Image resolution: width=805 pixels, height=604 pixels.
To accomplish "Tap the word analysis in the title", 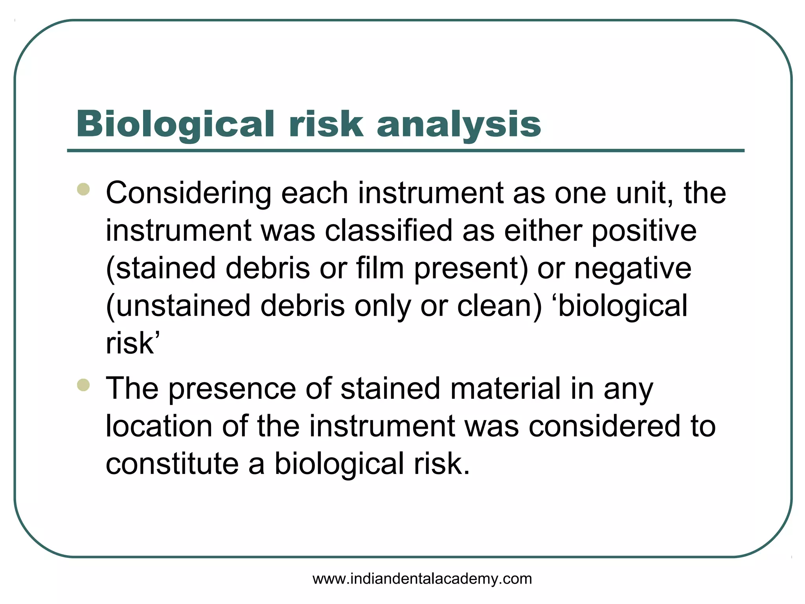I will [x=459, y=124].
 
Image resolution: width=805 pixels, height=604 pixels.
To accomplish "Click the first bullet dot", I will [x=83, y=190].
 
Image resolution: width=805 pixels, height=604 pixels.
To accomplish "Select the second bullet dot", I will [x=83, y=385].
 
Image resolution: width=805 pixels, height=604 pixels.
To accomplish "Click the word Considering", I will [x=188, y=193].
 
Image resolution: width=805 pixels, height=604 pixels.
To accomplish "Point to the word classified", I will [x=388, y=231].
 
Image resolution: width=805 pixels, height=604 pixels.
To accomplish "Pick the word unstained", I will [x=178, y=306].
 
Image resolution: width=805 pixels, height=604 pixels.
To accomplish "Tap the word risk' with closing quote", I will [x=133, y=343].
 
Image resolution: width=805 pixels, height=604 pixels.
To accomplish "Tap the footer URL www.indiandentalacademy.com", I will [x=422, y=579].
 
